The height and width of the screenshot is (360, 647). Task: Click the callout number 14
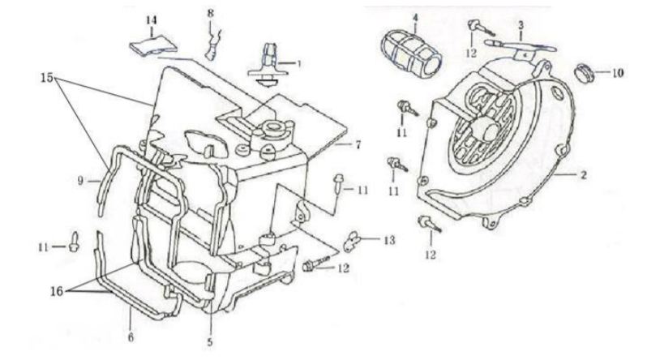151,19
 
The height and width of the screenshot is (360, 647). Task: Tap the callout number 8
212,14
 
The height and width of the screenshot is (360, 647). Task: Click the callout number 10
618,73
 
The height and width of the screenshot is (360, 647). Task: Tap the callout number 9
80,182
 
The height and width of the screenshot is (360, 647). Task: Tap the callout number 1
298,62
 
